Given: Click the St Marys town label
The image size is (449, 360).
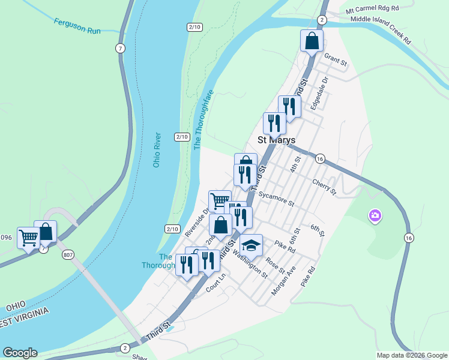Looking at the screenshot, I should [276, 140].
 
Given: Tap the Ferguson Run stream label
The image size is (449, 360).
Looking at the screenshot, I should [76, 26].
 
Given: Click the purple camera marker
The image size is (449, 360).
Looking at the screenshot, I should [375, 215].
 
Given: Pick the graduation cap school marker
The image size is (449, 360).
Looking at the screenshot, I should [251, 244].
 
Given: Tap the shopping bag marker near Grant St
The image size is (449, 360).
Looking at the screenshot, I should [312, 41].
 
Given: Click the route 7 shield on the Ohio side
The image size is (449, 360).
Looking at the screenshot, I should [121, 47].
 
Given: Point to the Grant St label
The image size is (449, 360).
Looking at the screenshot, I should [336, 60].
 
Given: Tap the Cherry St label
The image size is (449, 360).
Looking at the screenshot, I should [324, 185].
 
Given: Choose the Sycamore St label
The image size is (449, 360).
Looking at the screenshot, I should [276, 199].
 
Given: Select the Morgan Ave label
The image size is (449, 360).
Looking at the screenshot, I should [284, 281].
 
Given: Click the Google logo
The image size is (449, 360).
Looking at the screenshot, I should [20, 353].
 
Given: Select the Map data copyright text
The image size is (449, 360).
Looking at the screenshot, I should [411, 355].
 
